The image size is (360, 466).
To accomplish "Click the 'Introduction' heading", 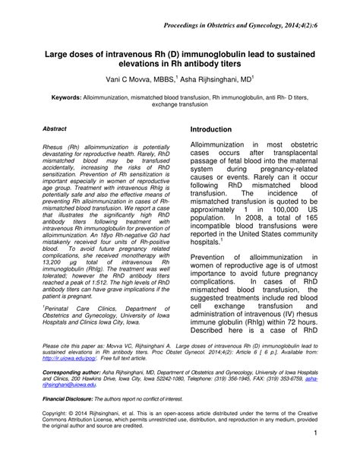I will [219, 131].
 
